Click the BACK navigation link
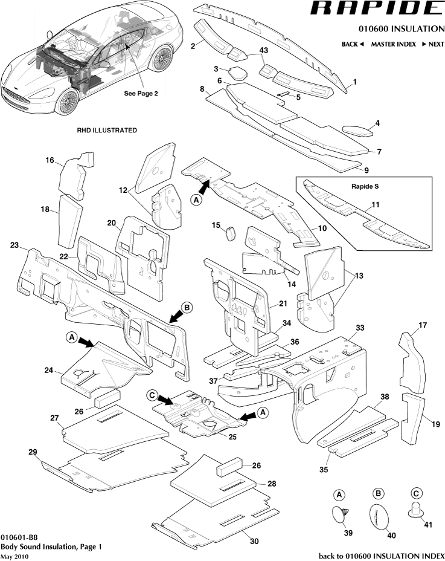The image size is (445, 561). point(352,44)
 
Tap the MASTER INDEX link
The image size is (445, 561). point(393,44)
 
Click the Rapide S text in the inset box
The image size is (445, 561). point(364,186)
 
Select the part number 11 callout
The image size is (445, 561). point(376,206)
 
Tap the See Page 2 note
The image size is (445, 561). point(141,94)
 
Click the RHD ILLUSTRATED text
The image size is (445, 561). point(106,130)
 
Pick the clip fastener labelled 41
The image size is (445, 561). point(416,511)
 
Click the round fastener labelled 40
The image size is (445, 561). point(379,515)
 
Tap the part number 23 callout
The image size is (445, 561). point(14,245)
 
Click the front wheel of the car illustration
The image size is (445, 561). point(69,100)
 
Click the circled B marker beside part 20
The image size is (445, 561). point(187,308)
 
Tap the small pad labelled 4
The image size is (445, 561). point(357,129)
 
